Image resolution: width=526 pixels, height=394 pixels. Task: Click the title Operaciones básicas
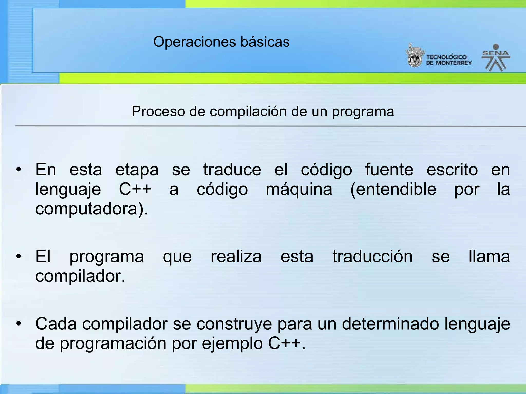tap(221, 42)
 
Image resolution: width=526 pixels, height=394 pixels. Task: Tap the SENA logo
tap(496, 58)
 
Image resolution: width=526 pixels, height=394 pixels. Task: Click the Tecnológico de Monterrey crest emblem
tap(414, 57)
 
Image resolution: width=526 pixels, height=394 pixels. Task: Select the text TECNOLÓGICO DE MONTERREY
tap(448, 60)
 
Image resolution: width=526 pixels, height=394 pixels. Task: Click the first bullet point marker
tap(18, 170)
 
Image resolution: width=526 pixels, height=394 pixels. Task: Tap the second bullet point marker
tap(18, 257)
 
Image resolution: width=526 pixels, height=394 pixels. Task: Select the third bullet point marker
tap(18, 324)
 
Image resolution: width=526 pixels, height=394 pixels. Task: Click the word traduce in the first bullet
tap(232, 170)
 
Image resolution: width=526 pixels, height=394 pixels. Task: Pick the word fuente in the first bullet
tap(389, 170)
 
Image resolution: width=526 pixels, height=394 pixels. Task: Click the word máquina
tap(299, 190)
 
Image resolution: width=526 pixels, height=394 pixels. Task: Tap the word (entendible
tap(393, 190)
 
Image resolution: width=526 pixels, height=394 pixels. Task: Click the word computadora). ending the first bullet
tap(92, 209)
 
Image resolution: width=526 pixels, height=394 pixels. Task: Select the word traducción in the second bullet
tap(372, 257)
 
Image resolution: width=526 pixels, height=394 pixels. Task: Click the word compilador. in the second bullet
tap(80, 276)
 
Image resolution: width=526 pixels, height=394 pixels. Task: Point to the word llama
tap(489, 257)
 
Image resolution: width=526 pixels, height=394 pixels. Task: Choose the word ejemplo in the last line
tap(232, 344)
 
